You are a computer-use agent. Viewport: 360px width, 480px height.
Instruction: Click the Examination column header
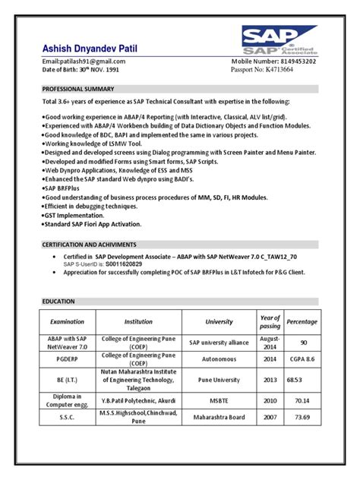(x=67, y=321)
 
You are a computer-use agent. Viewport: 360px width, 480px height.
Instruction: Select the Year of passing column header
(x=270, y=321)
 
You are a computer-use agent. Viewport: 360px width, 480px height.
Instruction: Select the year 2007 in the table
(x=270, y=417)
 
